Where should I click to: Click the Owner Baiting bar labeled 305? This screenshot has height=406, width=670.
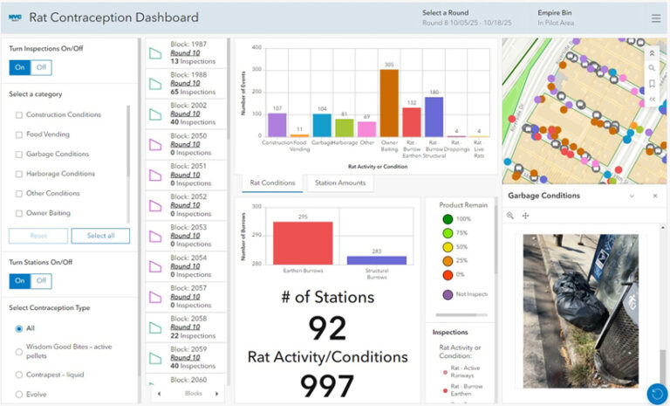pyautogui.click(x=389, y=104)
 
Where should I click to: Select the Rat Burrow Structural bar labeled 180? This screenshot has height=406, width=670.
pyautogui.click(x=434, y=118)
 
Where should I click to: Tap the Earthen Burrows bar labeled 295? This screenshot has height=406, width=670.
pyautogui.click(x=303, y=243)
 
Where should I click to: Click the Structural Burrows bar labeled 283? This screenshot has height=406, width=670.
pyautogui.click(x=377, y=260)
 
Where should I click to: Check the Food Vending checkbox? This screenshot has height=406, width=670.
pyautogui.click(x=19, y=134)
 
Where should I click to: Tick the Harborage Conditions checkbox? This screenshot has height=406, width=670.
pyautogui.click(x=19, y=174)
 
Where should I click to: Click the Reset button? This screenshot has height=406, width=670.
pyautogui.click(x=38, y=236)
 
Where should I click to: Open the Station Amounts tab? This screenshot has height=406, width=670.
pyautogui.click(x=339, y=182)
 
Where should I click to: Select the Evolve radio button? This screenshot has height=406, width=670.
pyautogui.click(x=19, y=394)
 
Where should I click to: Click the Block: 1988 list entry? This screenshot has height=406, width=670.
pyautogui.click(x=187, y=83)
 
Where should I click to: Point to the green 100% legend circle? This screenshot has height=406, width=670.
pyautogui.click(x=447, y=219)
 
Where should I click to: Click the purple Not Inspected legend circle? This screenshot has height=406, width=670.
pyautogui.click(x=447, y=294)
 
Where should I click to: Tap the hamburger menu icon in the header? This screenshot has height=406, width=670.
pyautogui.click(x=656, y=17)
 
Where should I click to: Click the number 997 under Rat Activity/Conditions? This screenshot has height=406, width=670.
pyautogui.click(x=327, y=385)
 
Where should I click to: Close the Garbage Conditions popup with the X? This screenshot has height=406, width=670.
pyautogui.click(x=655, y=196)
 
